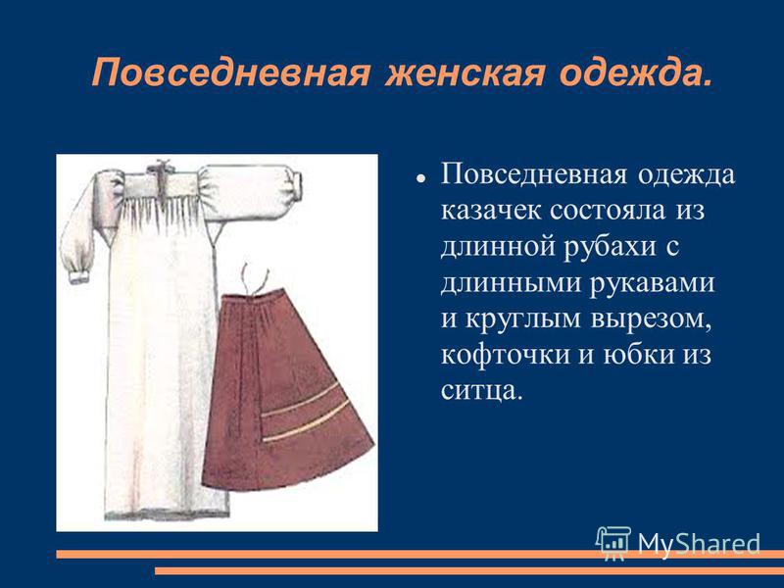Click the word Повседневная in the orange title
(x=231, y=73)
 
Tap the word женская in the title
(x=465, y=73)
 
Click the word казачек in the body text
(x=491, y=211)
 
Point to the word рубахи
(x=609, y=248)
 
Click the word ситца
(x=481, y=391)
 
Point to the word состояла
(x=608, y=211)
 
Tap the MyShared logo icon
(x=613, y=543)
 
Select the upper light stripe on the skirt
(x=301, y=402)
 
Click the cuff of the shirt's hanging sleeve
(x=80, y=274)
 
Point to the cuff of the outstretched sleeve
(x=296, y=185)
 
